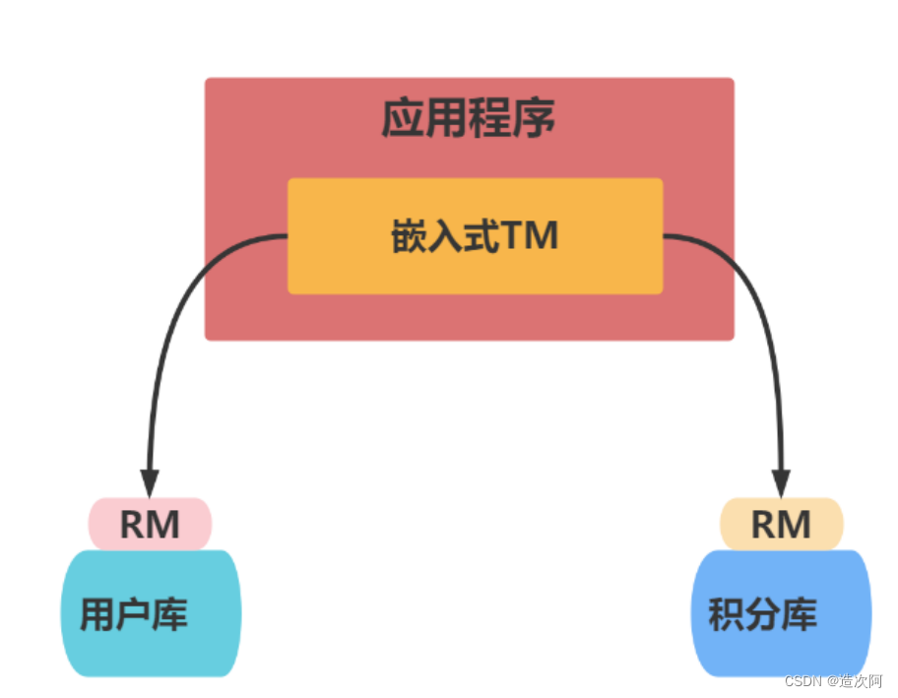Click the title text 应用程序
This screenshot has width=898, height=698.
(x=469, y=119)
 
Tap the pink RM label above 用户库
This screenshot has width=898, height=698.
(x=151, y=525)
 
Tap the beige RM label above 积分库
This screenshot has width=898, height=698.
(x=782, y=525)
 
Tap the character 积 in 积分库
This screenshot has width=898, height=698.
(x=726, y=615)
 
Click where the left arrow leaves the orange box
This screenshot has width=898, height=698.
(x=287, y=236)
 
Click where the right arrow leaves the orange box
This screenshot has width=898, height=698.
(x=664, y=236)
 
